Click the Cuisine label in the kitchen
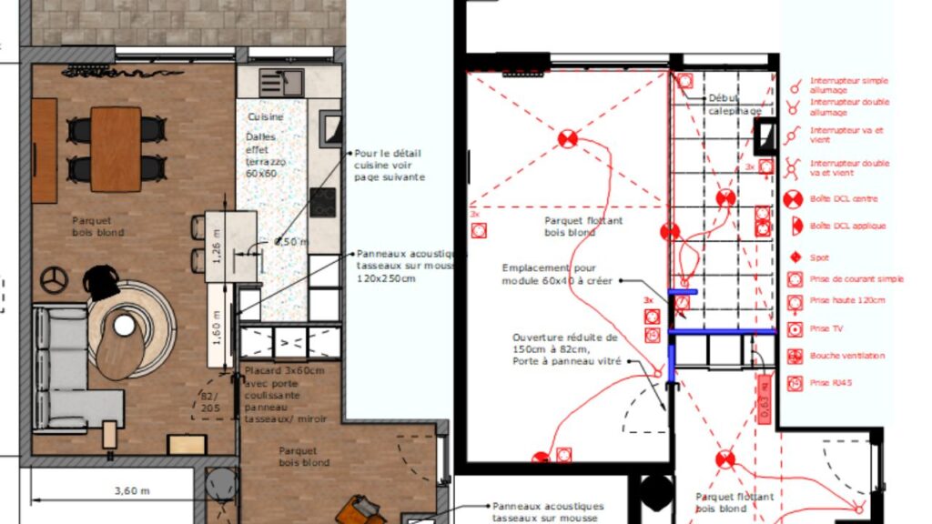(265, 117)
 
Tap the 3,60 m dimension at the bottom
(132, 490)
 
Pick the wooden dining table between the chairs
(116, 149)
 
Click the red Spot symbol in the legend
(794, 257)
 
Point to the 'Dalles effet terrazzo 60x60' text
(265, 155)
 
